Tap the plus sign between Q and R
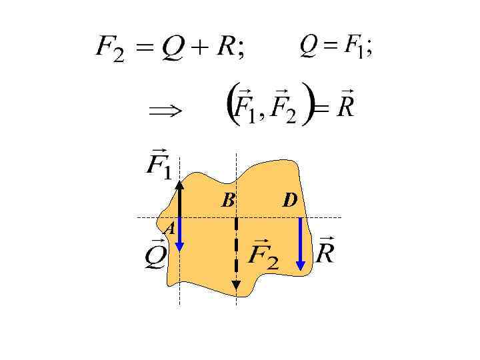click(x=197, y=47)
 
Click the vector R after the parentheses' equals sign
click(x=344, y=103)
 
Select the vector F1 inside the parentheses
click(x=249, y=106)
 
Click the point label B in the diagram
click(x=228, y=199)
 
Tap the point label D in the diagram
click(x=289, y=199)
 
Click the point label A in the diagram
click(x=169, y=228)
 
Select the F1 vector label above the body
click(x=159, y=163)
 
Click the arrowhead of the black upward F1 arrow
click(x=179, y=185)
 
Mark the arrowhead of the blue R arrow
click(x=301, y=265)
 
